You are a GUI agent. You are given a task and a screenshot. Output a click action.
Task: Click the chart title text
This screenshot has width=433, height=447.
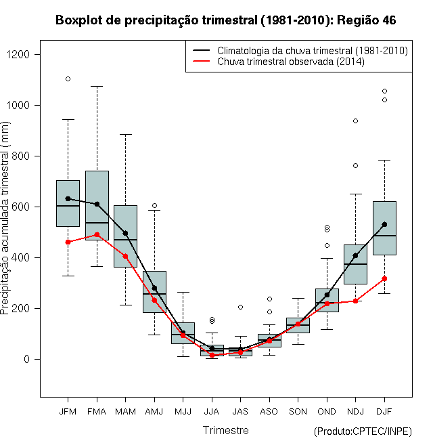click(225, 20)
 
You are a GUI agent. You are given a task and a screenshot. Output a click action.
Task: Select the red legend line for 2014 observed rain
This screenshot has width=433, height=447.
click(202, 61)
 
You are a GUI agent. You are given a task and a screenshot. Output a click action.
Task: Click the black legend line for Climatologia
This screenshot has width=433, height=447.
click(202, 50)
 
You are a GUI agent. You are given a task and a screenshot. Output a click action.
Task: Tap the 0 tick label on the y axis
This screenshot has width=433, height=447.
click(27, 359)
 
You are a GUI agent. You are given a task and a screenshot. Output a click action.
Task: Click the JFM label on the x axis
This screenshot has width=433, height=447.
click(68, 411)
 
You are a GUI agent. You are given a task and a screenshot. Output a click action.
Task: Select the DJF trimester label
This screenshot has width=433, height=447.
click(384, 411)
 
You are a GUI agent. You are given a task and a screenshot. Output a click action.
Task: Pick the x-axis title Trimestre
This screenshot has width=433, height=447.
click(226, 430)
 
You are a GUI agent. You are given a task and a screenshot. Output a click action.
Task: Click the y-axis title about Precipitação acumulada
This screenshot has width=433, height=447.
click(5, 218)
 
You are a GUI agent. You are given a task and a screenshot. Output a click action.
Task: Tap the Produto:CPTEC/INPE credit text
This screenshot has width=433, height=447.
click(363, 431)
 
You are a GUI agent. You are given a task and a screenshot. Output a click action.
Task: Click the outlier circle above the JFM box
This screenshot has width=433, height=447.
click(68, 79)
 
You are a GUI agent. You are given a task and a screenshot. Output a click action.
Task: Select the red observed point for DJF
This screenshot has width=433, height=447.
click(384, 279)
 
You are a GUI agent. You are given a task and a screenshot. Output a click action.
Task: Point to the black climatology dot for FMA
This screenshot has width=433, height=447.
click(97, 204)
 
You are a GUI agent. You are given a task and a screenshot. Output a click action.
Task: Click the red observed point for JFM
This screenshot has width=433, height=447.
click(68, 242)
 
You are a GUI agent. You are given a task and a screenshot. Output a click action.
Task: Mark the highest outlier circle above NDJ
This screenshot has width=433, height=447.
click(355, 121)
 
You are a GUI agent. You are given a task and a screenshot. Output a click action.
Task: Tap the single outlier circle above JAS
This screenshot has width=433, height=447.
click(240, 307)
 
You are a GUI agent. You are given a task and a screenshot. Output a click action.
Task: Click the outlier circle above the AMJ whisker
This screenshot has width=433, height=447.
click(154, 205)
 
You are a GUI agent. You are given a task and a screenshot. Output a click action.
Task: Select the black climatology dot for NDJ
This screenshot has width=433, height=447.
click(355, 256)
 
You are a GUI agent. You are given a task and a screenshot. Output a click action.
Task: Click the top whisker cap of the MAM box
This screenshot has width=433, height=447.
click(125, 134)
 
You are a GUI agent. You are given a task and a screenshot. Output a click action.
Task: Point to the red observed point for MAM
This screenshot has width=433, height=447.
click(125, 256)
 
